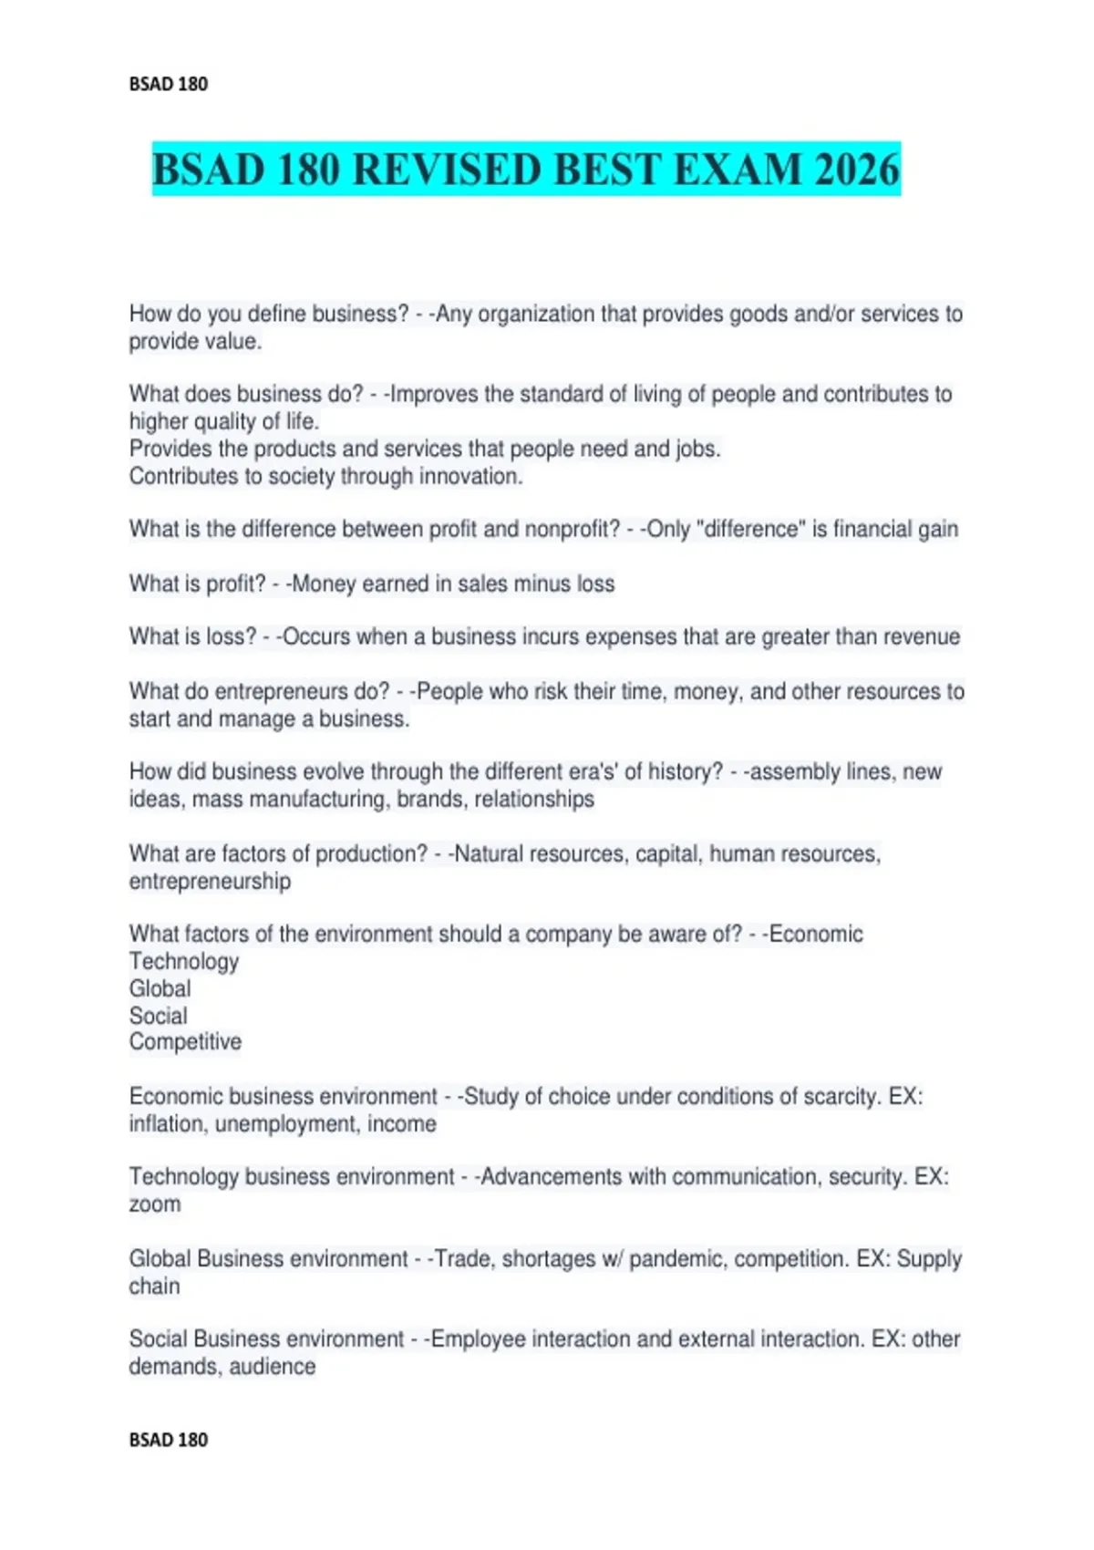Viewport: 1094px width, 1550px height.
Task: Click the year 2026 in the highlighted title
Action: [857, 170]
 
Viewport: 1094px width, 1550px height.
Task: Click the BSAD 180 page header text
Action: [169, 84]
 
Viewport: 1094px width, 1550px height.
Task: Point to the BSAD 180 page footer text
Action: [169, 1440]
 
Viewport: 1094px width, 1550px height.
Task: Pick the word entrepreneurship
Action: [210, 881]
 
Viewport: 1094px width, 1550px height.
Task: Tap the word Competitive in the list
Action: [185, 1041]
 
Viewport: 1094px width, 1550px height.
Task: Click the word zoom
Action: [155, 1204]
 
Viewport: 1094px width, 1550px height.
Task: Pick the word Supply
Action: [929, 1258]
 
